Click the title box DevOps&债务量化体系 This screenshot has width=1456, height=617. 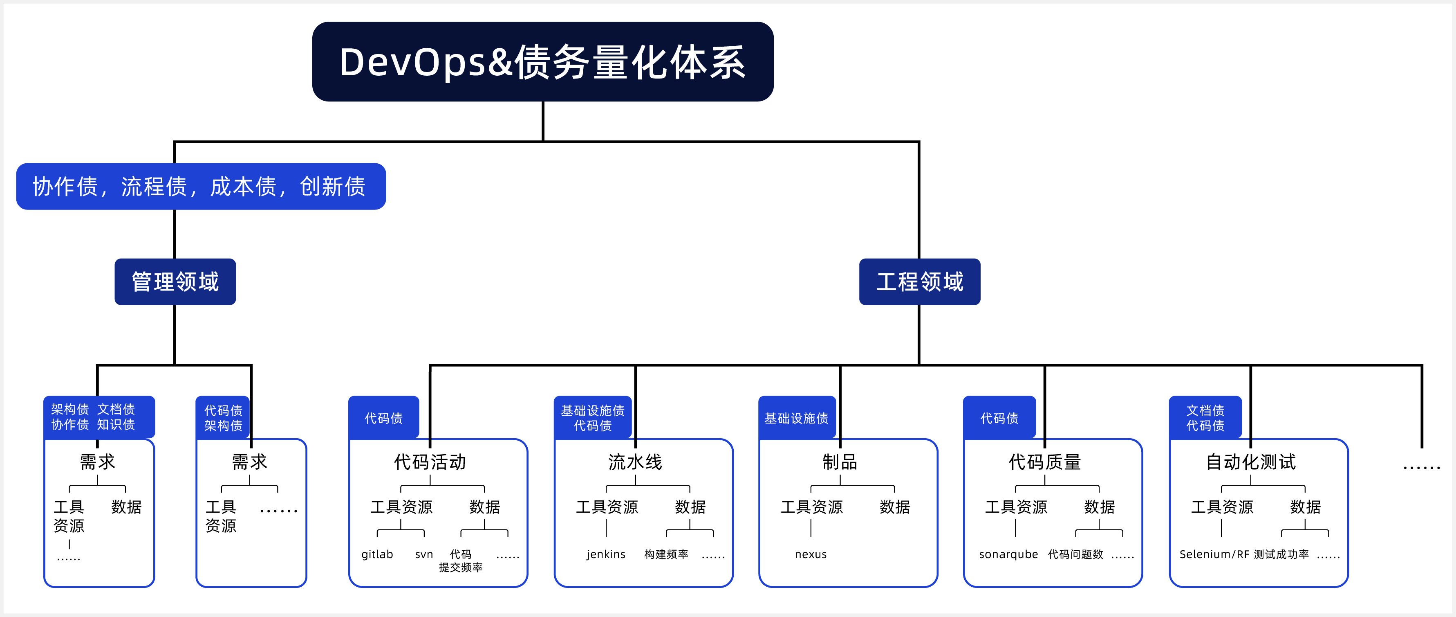(x=542, y=62)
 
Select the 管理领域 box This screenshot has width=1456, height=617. (x=175, y=281)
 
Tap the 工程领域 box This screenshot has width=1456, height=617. (x=920, y=281)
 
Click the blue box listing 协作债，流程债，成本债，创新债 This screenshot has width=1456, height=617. (x=201, y=187)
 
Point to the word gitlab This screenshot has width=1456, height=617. (x=377, y=554)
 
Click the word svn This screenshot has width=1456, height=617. (x=424, y=554)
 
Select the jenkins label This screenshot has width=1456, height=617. (x=606, y=554)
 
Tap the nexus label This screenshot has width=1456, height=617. (x=811, y=554)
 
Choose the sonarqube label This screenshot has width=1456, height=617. (x=1008, y=554)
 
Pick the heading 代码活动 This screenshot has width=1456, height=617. (x=430, y=462)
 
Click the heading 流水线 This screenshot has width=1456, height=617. (x=635, y=462)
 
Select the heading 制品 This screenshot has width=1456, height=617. (x=840, y=462)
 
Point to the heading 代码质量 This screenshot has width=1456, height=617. (x=1044, y=462)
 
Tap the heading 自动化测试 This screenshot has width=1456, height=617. (x=1251, y=462)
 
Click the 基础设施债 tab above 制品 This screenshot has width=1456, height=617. (x=796, y=418)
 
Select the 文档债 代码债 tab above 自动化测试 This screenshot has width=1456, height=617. (x=1205, y=418)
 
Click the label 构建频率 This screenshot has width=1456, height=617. (x=666, y=554)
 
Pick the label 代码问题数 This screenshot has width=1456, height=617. (x=1075, y=554)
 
